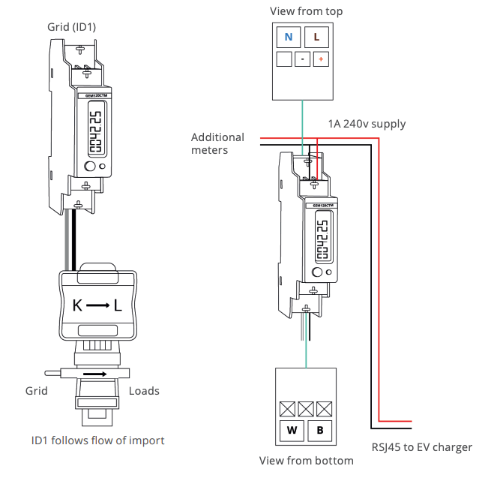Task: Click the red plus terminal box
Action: click(x=321, y=59)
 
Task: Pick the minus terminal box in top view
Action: click(x=302, y=59)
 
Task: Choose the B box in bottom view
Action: click(x=319, y=431)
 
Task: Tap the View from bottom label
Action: click(x=306, y=461)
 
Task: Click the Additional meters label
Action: click(x=217, y=143)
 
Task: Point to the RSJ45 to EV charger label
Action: click(x=422, y=447)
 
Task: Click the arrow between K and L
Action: click(x=97, y=306)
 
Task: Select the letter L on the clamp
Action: click(x=118, y=306)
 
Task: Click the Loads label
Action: click(x=144, y=391)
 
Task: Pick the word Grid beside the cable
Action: click(x=36, y=391)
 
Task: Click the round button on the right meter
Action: click(x=318, y=272)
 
